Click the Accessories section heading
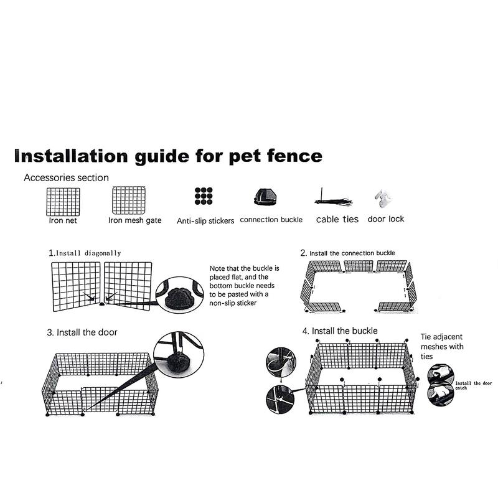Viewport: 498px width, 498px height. (x=66, y=177)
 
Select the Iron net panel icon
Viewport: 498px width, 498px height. (x=63, y=202)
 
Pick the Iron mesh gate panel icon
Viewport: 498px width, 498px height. (x=129, y=200)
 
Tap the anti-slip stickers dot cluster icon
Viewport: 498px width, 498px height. (x=203, y=196)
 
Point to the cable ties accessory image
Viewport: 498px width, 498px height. (x=334, y=199)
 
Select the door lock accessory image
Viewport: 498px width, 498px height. (x=383, y=199)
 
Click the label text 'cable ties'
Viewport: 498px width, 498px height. (x=337, y=219)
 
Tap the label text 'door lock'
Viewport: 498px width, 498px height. (x=385, y=219)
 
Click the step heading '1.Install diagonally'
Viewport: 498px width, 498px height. (x=85, y=253)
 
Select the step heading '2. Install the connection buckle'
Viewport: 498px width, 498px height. (x=347, y=253)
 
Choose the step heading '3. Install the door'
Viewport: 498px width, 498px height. (x=82, y=332)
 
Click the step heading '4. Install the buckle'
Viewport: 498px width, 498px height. (x=339, y=331)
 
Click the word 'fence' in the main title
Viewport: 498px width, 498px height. (x=291, y=155)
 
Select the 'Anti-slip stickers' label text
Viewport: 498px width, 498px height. (x=205, y=220)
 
